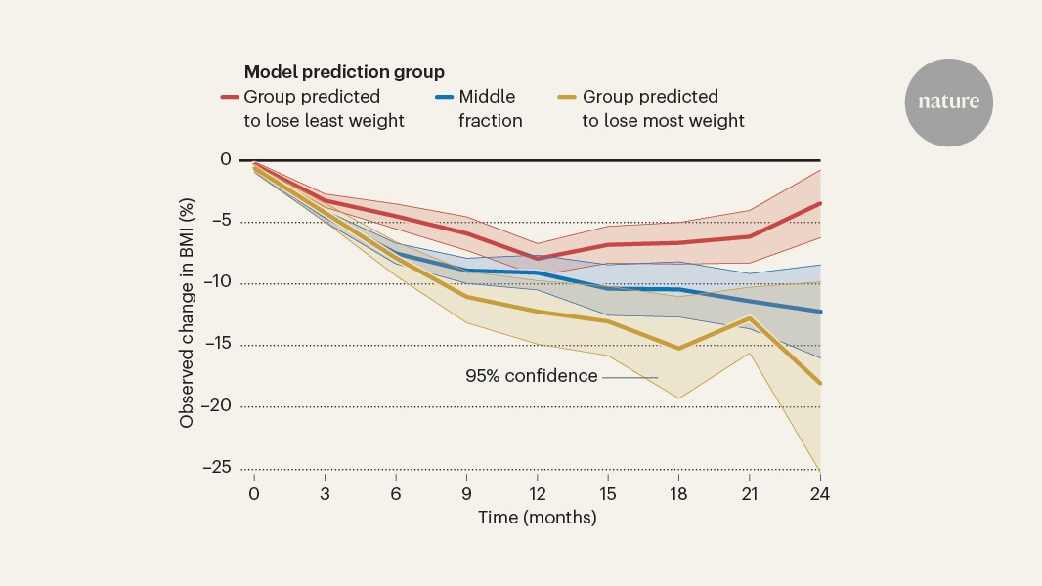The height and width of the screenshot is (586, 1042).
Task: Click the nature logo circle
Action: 948,102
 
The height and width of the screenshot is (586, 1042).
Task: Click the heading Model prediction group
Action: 344,72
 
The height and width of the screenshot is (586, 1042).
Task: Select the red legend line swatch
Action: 230,97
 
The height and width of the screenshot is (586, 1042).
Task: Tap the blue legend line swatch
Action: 443,97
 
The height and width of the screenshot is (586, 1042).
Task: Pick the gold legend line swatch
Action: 566,97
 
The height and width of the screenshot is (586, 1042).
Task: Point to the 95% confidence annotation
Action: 531,376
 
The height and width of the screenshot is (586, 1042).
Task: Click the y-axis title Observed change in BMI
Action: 187,313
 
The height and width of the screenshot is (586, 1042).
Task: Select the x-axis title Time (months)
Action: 537,518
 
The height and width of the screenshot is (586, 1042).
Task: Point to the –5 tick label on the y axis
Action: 222,222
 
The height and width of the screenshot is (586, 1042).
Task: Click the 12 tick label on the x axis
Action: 537,493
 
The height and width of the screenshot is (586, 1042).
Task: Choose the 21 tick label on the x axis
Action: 749,493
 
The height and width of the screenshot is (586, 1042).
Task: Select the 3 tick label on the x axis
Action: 325,493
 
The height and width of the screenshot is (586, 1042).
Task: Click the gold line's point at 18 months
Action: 678,348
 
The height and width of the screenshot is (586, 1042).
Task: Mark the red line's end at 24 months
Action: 819,203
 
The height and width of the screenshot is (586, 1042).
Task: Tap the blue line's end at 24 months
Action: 819,312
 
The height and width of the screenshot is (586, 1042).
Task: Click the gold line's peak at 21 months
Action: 749,317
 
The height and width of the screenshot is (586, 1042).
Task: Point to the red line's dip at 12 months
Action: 537,259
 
